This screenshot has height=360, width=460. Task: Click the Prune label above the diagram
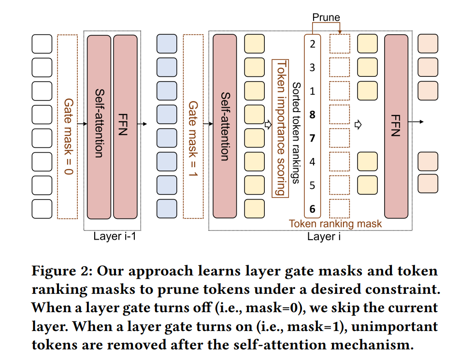tap(326, 17)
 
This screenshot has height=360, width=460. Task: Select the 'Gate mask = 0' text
tap(68, 136)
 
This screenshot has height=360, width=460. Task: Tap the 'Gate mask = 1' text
tap(193, 139)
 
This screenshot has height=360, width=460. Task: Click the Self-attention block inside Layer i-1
tap(99, 127)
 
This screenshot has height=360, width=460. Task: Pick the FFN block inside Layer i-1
tap(125, 127)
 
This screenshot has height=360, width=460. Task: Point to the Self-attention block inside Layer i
tap(225, 126)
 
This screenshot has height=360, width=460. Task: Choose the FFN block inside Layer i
tap(396, 127)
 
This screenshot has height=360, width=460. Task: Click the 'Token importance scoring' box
tap(280, 128)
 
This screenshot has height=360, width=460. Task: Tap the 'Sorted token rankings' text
tap(296, 133)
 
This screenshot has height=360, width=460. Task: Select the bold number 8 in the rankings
tap(313, 115)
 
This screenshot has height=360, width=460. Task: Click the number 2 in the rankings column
tap(313, 44)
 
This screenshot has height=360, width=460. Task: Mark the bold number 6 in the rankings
tap(313, 209)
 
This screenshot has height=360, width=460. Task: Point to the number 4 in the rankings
tap(313, 162)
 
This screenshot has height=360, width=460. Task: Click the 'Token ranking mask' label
tap(335, 224)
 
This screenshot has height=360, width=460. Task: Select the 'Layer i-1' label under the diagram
tap(115, 236)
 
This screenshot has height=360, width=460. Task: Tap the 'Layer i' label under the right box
tap(324, 236)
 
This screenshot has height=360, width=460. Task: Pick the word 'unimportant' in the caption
tap(395, 327)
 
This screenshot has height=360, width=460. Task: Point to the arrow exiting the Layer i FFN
tap(416, 122)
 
